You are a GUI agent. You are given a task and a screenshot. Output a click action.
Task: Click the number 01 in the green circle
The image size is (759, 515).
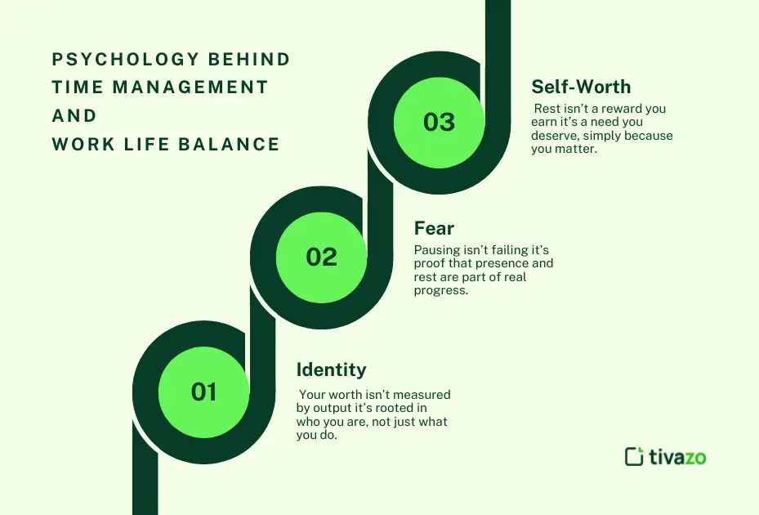(x=203, y=392)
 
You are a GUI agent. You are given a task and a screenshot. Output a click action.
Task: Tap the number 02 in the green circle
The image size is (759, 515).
(x=321, y=257)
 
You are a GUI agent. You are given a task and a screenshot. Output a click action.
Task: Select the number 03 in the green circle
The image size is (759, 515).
(x=439, y=122)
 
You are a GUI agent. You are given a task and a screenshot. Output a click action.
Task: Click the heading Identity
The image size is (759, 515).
(x=331, y=369)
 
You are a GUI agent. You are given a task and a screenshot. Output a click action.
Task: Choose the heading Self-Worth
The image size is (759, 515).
(x=581, y=87)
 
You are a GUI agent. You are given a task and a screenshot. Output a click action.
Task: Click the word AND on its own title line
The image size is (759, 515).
(x=74, y=116)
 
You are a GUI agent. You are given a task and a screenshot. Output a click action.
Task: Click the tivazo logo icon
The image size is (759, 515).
(x=634, y=456)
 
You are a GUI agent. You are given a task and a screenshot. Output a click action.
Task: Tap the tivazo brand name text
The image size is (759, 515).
(x=677, y=456)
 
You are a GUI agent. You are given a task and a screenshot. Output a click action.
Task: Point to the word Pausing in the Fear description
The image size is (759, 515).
(x=437, y=250)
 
